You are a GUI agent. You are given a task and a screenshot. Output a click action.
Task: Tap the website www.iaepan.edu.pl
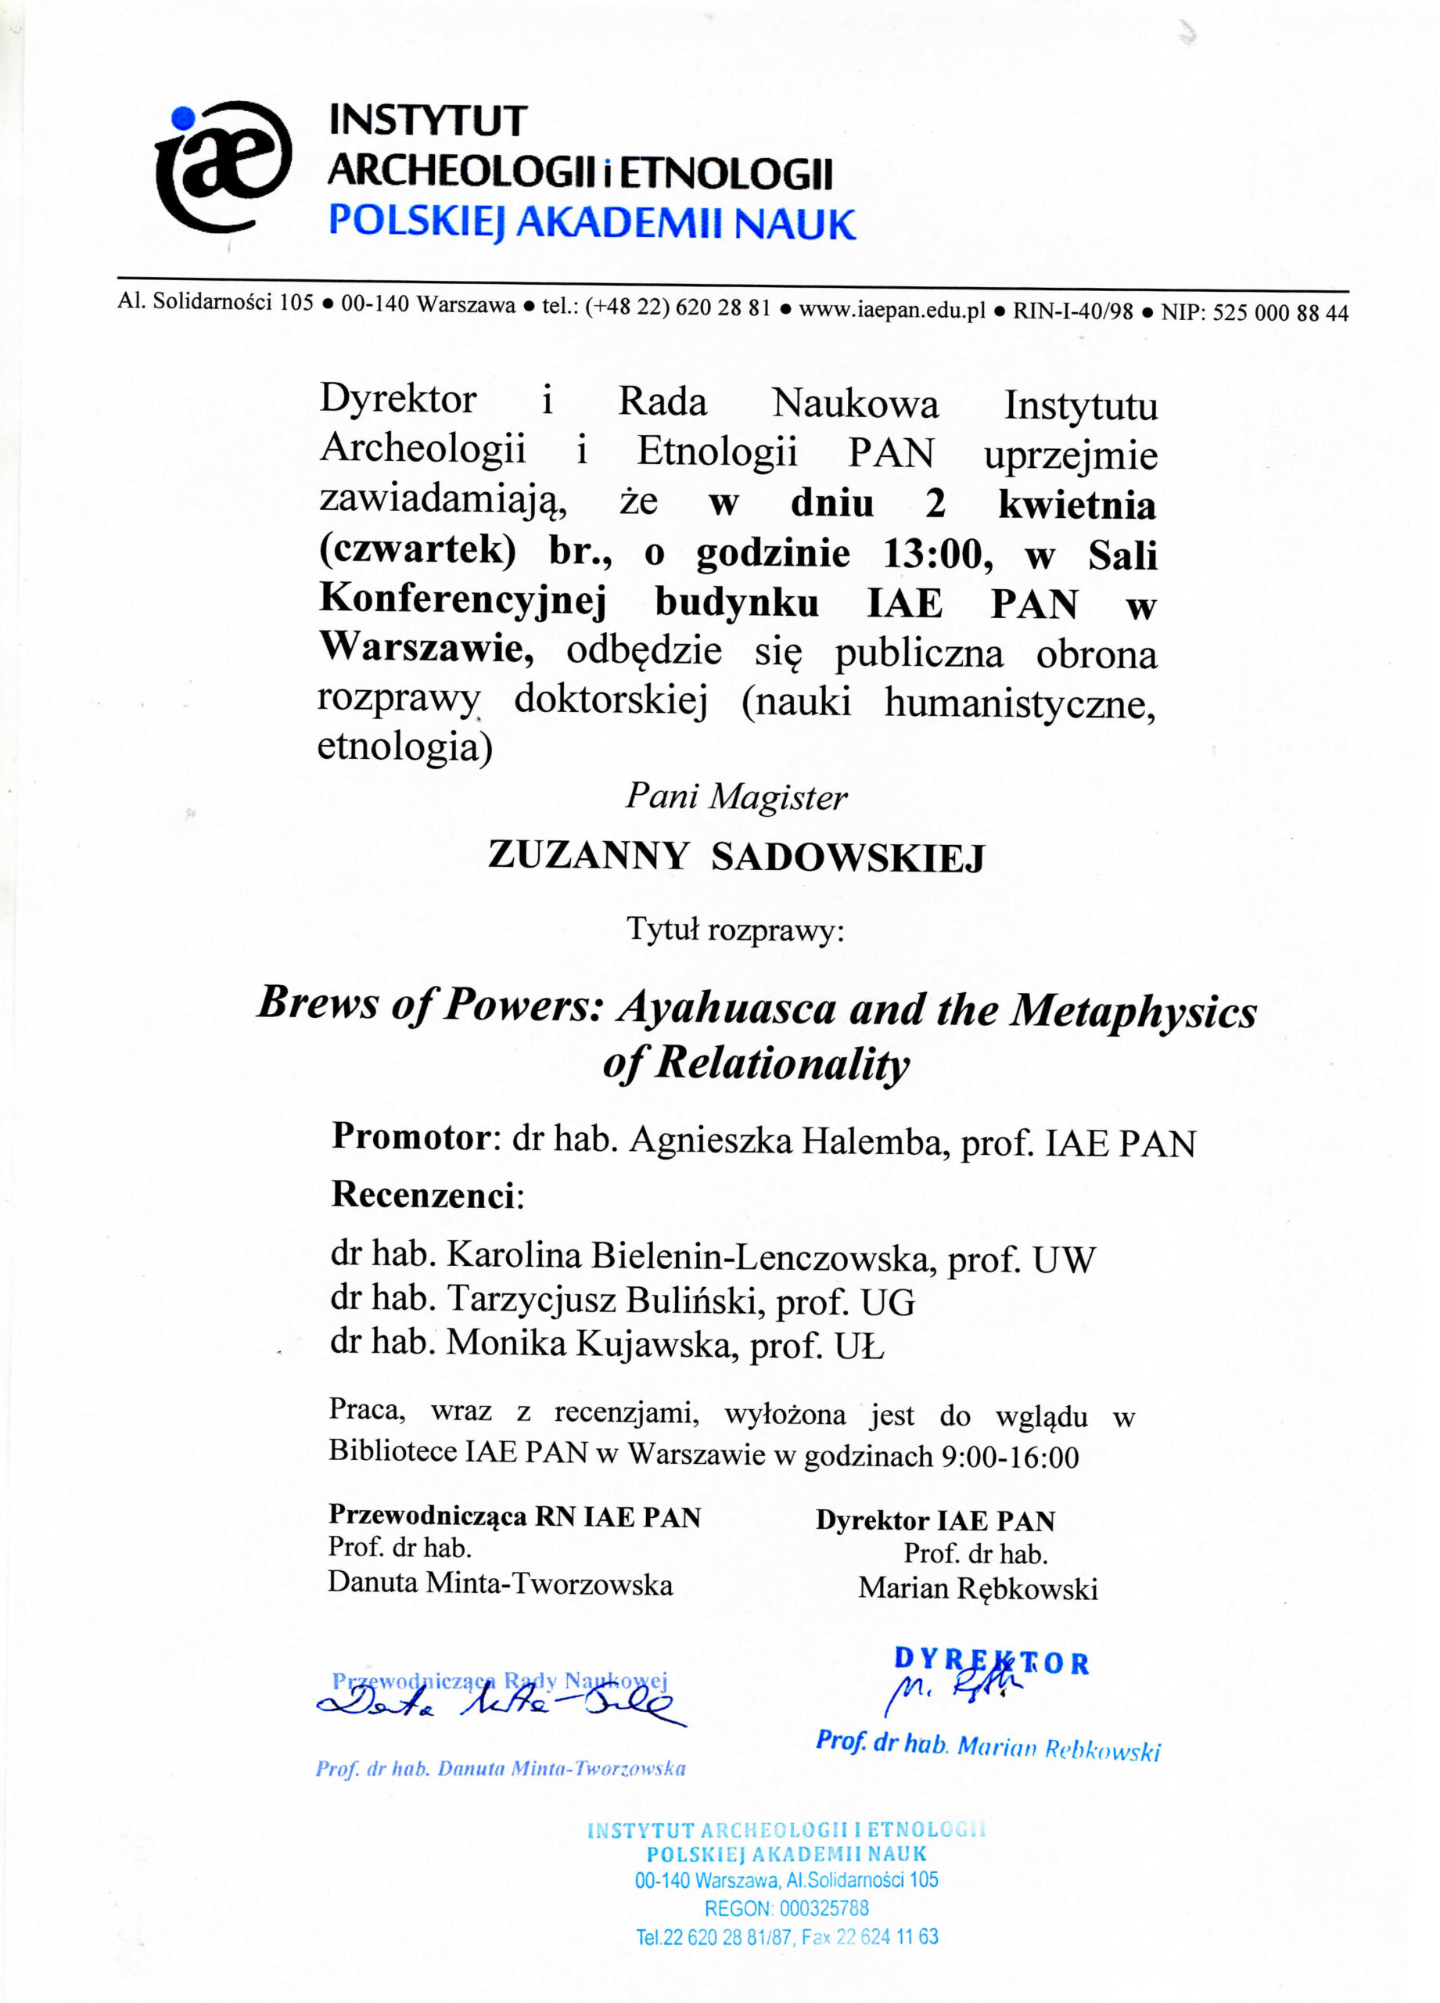892,310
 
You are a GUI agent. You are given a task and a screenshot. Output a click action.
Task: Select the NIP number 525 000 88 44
1280,313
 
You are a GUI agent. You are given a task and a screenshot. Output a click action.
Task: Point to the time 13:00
933,555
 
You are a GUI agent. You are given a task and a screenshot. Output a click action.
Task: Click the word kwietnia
1077,505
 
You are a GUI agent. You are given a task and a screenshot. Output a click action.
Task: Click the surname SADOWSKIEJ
848,858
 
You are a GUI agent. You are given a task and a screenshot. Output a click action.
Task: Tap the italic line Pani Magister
736,797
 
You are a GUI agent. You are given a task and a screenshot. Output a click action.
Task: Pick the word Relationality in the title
781,1063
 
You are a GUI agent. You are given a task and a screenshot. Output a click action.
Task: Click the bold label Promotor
411,1137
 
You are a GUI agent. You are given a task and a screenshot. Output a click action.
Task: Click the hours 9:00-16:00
1010,1456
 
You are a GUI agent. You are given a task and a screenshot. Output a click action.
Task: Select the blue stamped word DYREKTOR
992,1661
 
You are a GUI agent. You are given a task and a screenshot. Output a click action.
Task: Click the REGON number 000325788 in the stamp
824,1908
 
